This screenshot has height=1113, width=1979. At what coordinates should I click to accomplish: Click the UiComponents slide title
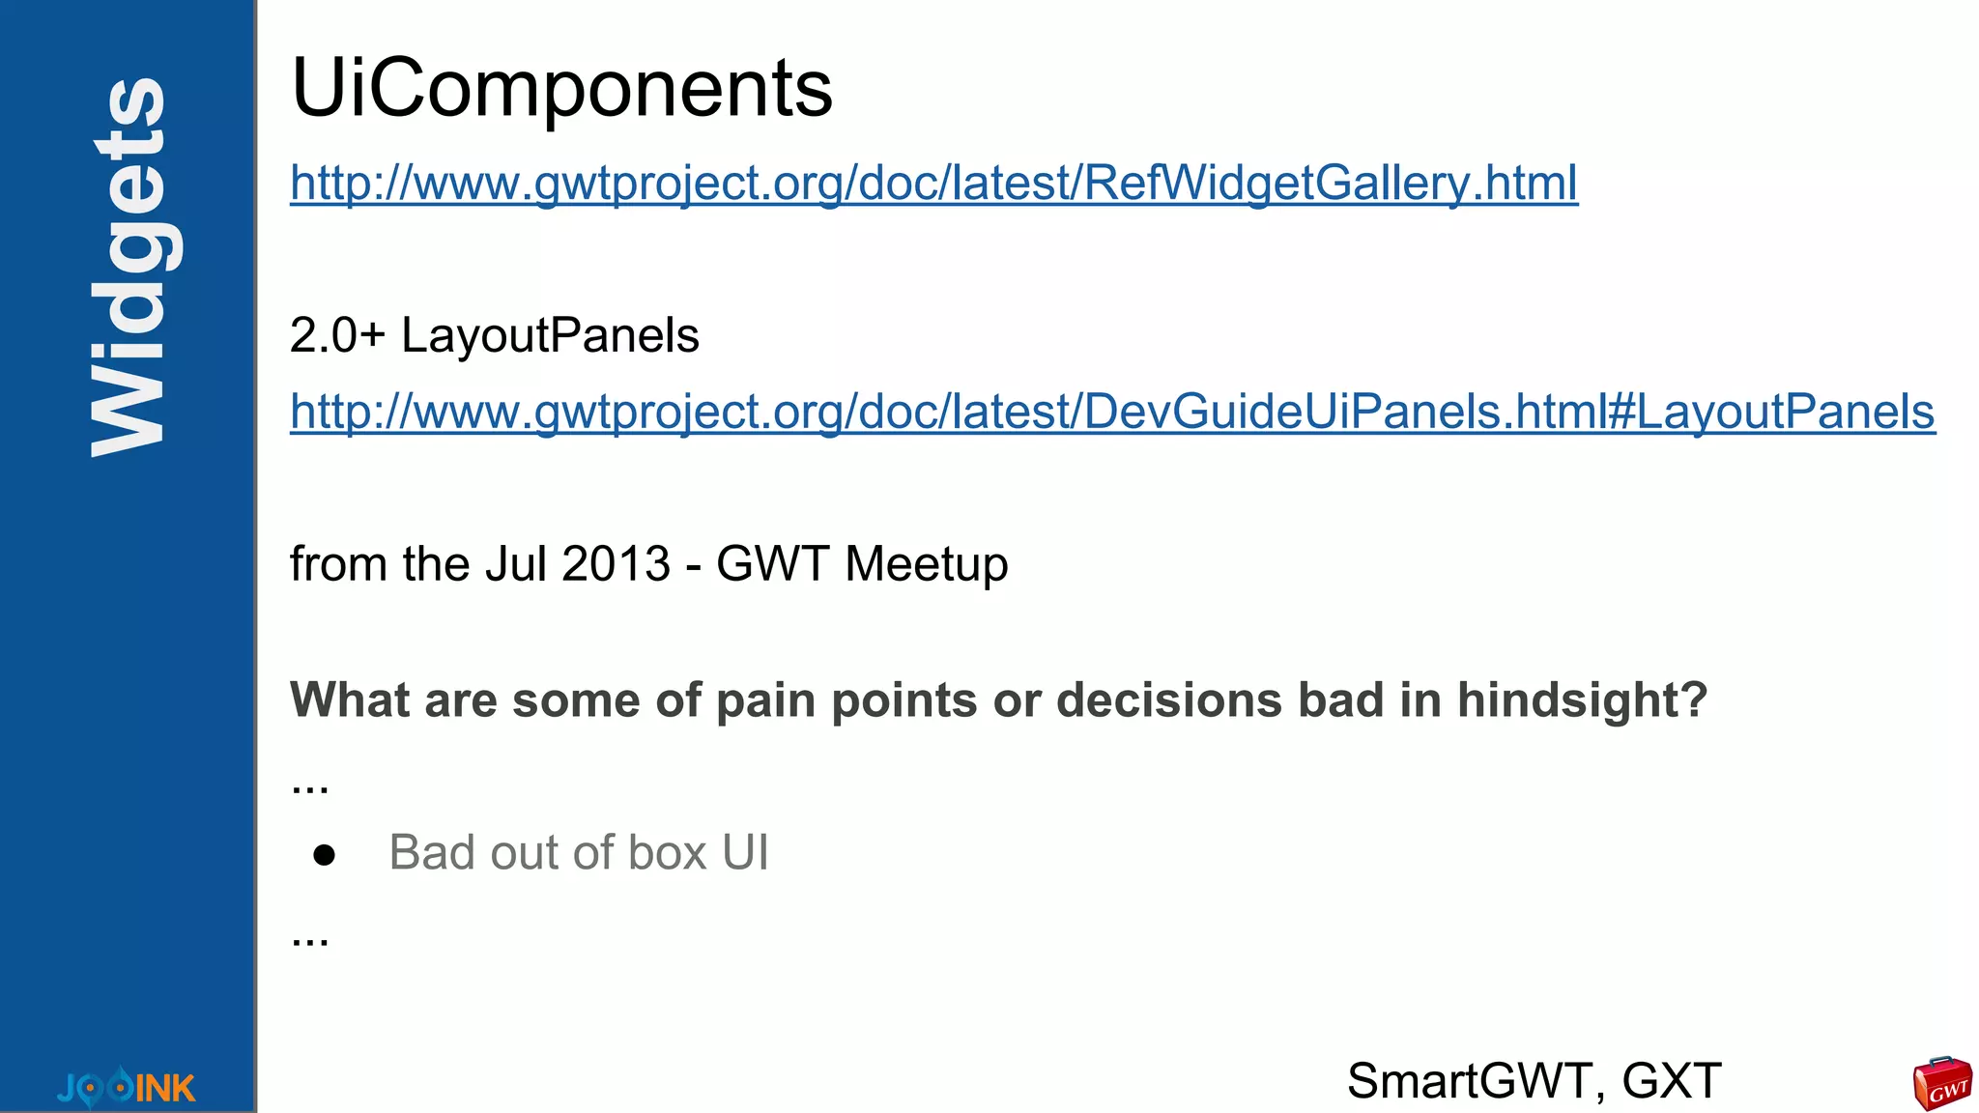click(561, 89)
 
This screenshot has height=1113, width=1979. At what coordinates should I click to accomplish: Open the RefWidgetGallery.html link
click(933, 183)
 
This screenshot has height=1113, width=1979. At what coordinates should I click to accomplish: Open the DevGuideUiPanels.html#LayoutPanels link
click(1112, 412)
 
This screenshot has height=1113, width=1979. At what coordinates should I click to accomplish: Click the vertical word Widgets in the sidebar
click(129, 266)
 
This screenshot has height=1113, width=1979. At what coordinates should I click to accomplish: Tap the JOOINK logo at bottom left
click(126, 1087)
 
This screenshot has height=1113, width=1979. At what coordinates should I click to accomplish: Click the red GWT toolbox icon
click(1941, 1083)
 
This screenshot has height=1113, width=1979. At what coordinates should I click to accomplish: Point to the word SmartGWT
click(1469, 1081)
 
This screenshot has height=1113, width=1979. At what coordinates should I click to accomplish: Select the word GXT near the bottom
click(1672, 1081)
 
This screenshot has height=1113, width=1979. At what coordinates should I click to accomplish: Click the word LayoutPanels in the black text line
click(550, 336)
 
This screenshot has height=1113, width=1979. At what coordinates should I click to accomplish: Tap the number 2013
click(616, 564)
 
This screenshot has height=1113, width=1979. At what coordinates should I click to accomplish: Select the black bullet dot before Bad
click(324, 855)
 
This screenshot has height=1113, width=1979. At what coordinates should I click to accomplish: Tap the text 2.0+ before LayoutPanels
click(337, 336)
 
